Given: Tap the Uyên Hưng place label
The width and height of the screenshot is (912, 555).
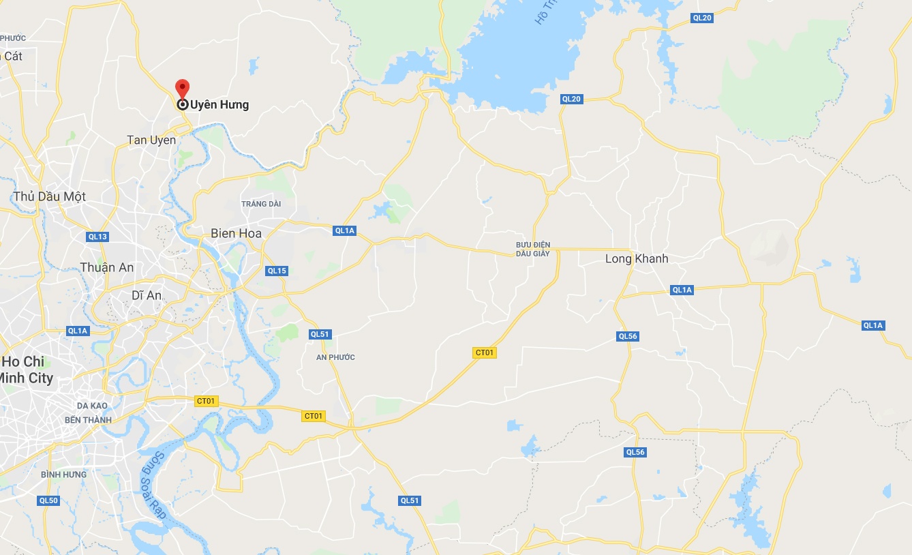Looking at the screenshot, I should [x=219, y=105].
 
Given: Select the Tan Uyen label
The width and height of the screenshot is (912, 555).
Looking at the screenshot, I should [x=151, y=140].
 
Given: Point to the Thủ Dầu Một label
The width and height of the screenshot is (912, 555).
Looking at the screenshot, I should [x=50, y=196].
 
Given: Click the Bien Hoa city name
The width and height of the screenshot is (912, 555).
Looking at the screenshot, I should [x=236, y=233].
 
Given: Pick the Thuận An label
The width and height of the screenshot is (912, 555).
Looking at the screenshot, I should [x=107, y=267].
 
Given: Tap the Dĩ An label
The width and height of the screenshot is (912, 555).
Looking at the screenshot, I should [x=147, y=295].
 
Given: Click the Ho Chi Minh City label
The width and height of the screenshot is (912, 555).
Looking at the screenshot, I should [x=27, y=370].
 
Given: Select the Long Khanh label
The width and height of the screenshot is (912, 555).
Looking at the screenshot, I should [x=637, y=259].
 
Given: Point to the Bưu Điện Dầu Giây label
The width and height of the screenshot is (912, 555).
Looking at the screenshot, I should [x=533, y=249].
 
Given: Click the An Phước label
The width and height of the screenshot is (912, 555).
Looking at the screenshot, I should [x=336, y=357].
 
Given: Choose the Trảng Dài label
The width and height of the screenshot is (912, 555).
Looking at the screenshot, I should [x=261, y=204].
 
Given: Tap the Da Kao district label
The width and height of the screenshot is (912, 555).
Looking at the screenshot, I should [x=93, y=406].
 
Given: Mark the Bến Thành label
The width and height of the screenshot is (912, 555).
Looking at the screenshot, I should [x=88, y=420].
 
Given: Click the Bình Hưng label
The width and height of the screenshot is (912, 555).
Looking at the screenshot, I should [x=63, y=475].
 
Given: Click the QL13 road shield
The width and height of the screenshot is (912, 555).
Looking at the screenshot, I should [x=97, y=237].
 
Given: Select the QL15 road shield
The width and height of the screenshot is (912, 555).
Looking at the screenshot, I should [x=277, y=271].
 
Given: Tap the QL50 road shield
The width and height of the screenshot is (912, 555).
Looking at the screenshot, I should [x=48, y=500].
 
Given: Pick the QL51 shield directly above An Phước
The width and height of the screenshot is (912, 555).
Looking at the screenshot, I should [x=320, y=334].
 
